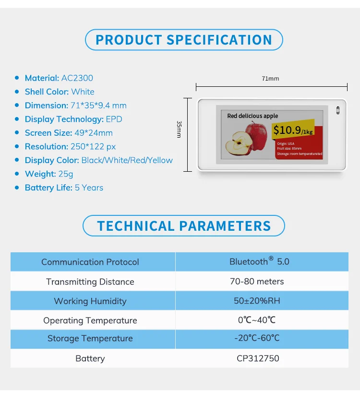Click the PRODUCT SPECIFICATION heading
pyautogui.click(x=184, y=40)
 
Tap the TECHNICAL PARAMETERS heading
pyautogui.click(x=184, y=226)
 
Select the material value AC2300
pyautogui.click(x=77, y=78)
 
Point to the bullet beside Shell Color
pyautogui.click(x=17, y=92)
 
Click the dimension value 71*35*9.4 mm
pyautogui.click(x=99, y=106)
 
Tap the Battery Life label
pyautogui.click(x=48, y=188)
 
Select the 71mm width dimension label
pyautogui.click(x=270, y=78)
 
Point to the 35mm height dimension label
pyautogui.click(x=179, y=130)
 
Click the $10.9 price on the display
pyautogui.click(x=287, y=130)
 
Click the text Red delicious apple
pyautogui.click(x=252, y=116)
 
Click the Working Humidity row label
pyautogui.click(x=90, y=301)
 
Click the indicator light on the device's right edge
pyautogui.click(x=337, y=110)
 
